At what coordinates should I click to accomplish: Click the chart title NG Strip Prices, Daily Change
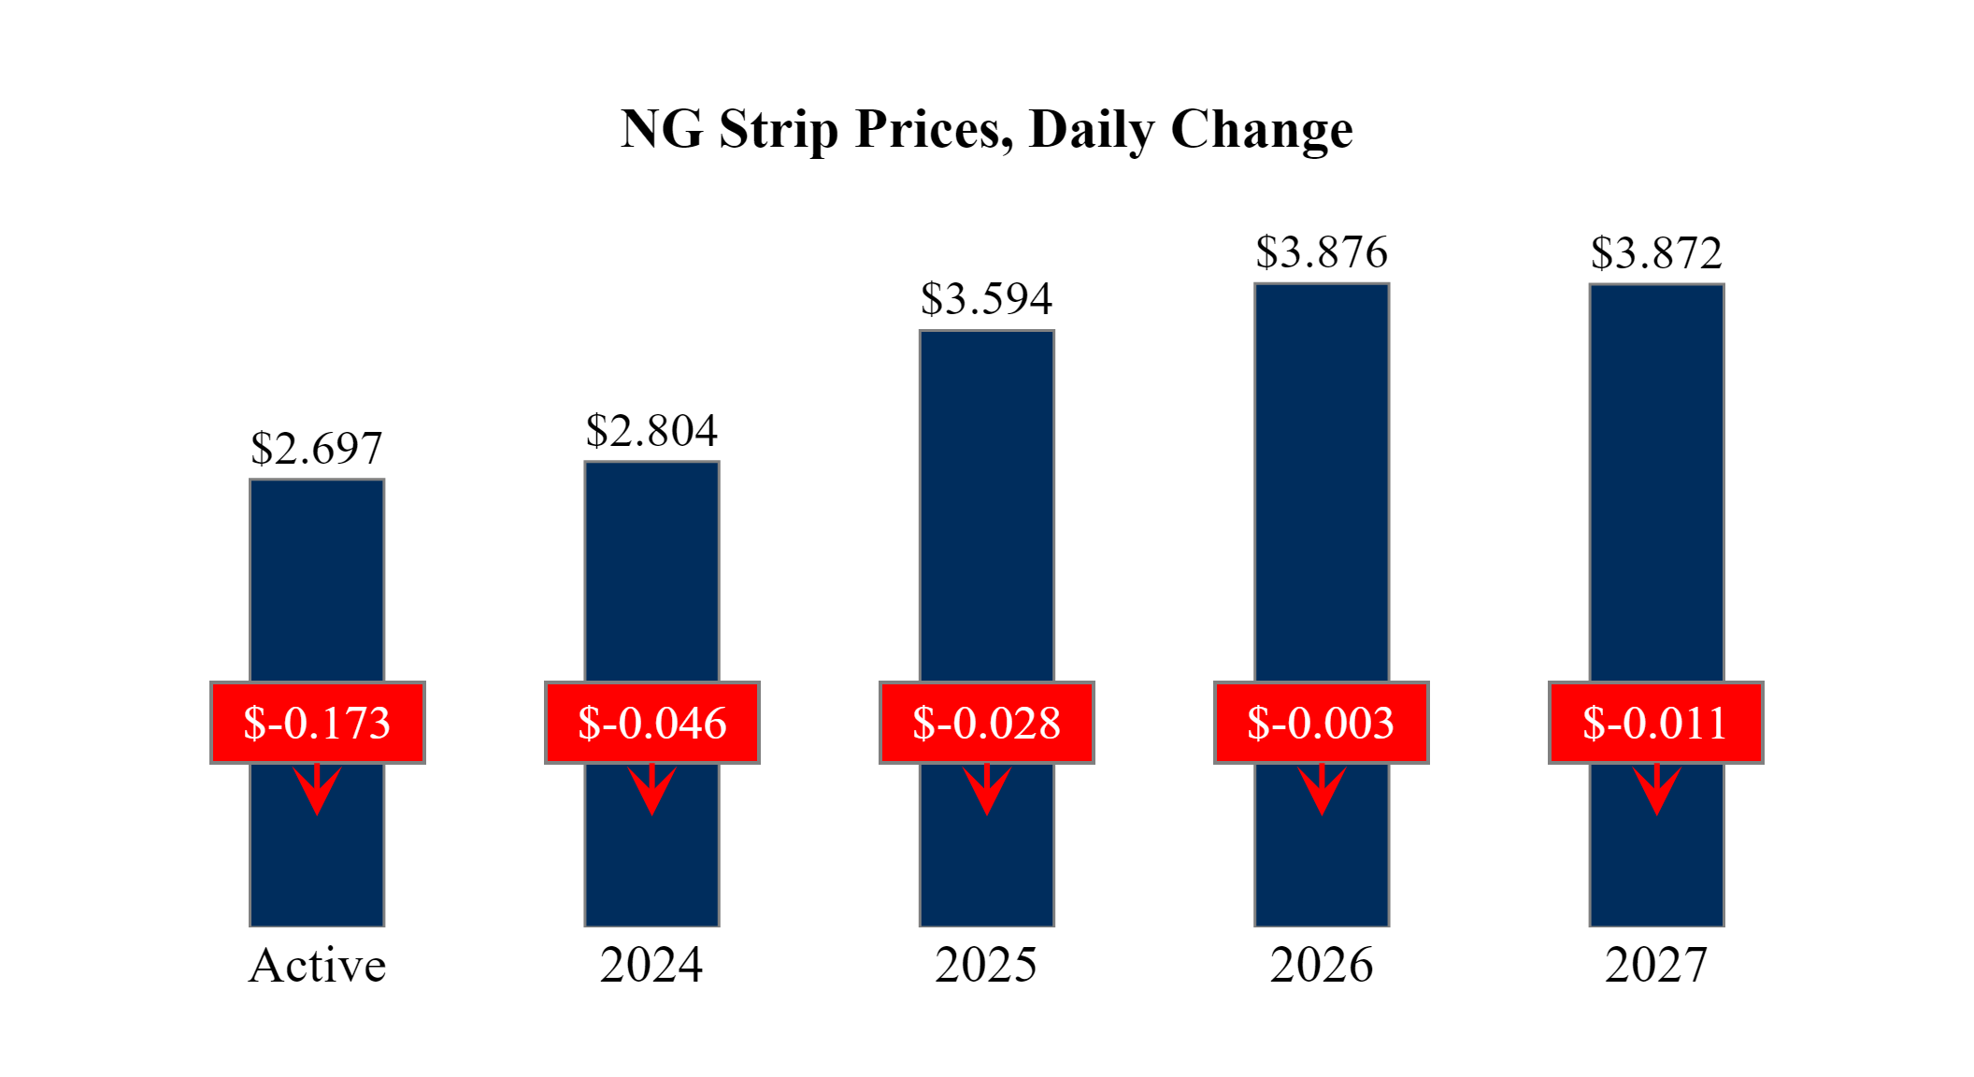986,129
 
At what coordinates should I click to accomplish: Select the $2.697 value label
317,449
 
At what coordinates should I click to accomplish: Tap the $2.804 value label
651,431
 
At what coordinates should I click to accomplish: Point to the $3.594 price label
986,299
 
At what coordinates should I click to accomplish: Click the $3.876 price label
1322,252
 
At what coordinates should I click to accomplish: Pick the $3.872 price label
1656,252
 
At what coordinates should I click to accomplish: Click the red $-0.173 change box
317,723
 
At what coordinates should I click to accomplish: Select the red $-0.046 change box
651,723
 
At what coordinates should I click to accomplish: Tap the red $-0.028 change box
986,723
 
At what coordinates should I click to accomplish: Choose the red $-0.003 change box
1321,723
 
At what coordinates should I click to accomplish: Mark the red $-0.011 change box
1655,723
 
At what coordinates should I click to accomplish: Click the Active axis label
317,966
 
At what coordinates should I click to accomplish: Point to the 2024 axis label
651,966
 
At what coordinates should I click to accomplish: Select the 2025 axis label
986,966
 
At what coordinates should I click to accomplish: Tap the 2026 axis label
1322,966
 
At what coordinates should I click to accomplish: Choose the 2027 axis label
1656,966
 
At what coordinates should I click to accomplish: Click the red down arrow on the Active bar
317,791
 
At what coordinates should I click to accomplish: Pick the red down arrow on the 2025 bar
987,791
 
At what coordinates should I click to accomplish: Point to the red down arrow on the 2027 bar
1657,791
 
